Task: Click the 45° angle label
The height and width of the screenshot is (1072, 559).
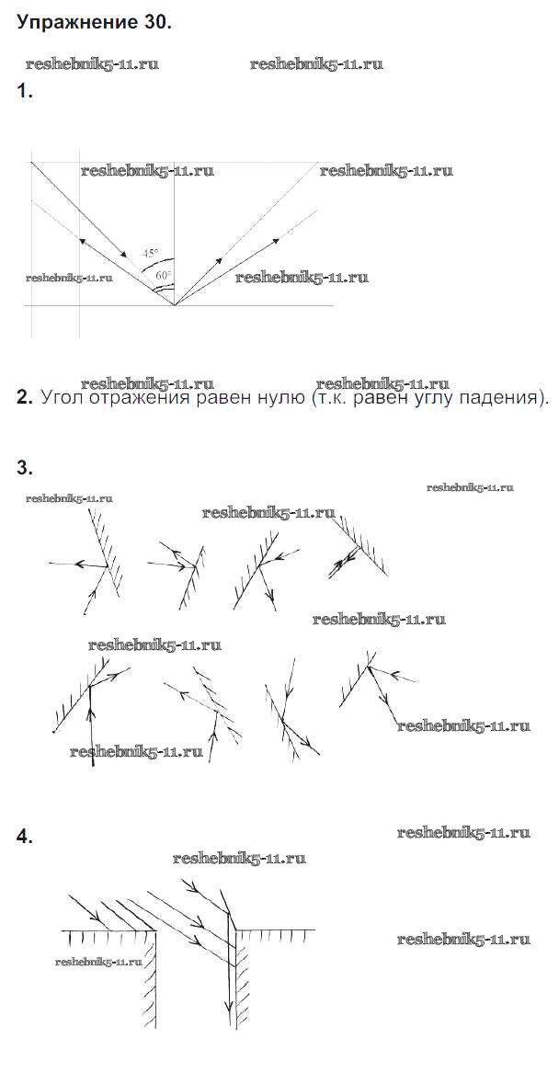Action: tap(151, 252)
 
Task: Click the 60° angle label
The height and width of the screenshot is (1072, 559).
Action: tap(164, 274)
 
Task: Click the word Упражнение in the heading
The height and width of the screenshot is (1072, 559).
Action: tap(78, 24)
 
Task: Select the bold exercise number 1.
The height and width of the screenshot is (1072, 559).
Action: tap(25, 91)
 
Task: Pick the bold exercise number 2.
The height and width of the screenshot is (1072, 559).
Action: tap(25, 398)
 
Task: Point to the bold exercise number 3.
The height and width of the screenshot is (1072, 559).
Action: tap(25, 468)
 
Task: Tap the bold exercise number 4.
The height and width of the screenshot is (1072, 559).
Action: tap(25, 837)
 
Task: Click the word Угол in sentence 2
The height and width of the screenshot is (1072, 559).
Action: tap(63, 398)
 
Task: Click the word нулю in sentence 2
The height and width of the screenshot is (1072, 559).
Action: tap(273, 398)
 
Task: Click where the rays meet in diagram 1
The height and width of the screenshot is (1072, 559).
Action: tap(174, 304)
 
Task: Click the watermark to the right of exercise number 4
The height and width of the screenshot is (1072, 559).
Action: tap(463, 833)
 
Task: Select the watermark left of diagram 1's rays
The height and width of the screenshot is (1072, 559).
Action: tap(70, 278)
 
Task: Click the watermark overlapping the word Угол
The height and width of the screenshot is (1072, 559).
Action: tap(147, 384)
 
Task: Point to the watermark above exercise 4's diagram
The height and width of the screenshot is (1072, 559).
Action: tap(239, 858)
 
